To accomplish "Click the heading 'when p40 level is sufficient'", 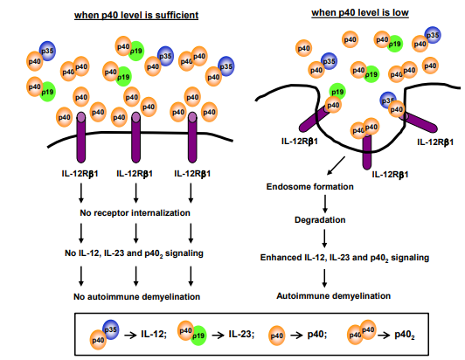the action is point(136,15).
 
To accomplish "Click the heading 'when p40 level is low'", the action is point(360,13).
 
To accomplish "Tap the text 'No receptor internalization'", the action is point(135,213).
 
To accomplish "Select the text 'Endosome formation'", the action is point(310,186).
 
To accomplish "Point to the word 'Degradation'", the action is point(320,219).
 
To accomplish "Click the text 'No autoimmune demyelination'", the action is point(136,296).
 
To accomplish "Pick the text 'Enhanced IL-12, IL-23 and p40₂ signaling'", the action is point(344,258).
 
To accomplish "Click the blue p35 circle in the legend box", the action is point(111,329).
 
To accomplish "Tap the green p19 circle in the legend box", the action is point(198,336).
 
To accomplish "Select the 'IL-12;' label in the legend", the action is point(154,335).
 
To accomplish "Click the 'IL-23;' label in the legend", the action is point(241,335).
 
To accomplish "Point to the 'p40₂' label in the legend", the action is point(405,335).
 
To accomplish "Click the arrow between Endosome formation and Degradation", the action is point(325,204).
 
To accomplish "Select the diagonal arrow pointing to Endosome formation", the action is point(336,166).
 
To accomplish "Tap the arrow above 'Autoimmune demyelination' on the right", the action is point(324,278).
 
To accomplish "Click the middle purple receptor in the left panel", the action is point(135,137).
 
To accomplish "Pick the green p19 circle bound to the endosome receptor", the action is point(337,92).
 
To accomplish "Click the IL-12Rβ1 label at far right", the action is point(435,142).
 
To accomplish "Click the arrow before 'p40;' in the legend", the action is point(296,336).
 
